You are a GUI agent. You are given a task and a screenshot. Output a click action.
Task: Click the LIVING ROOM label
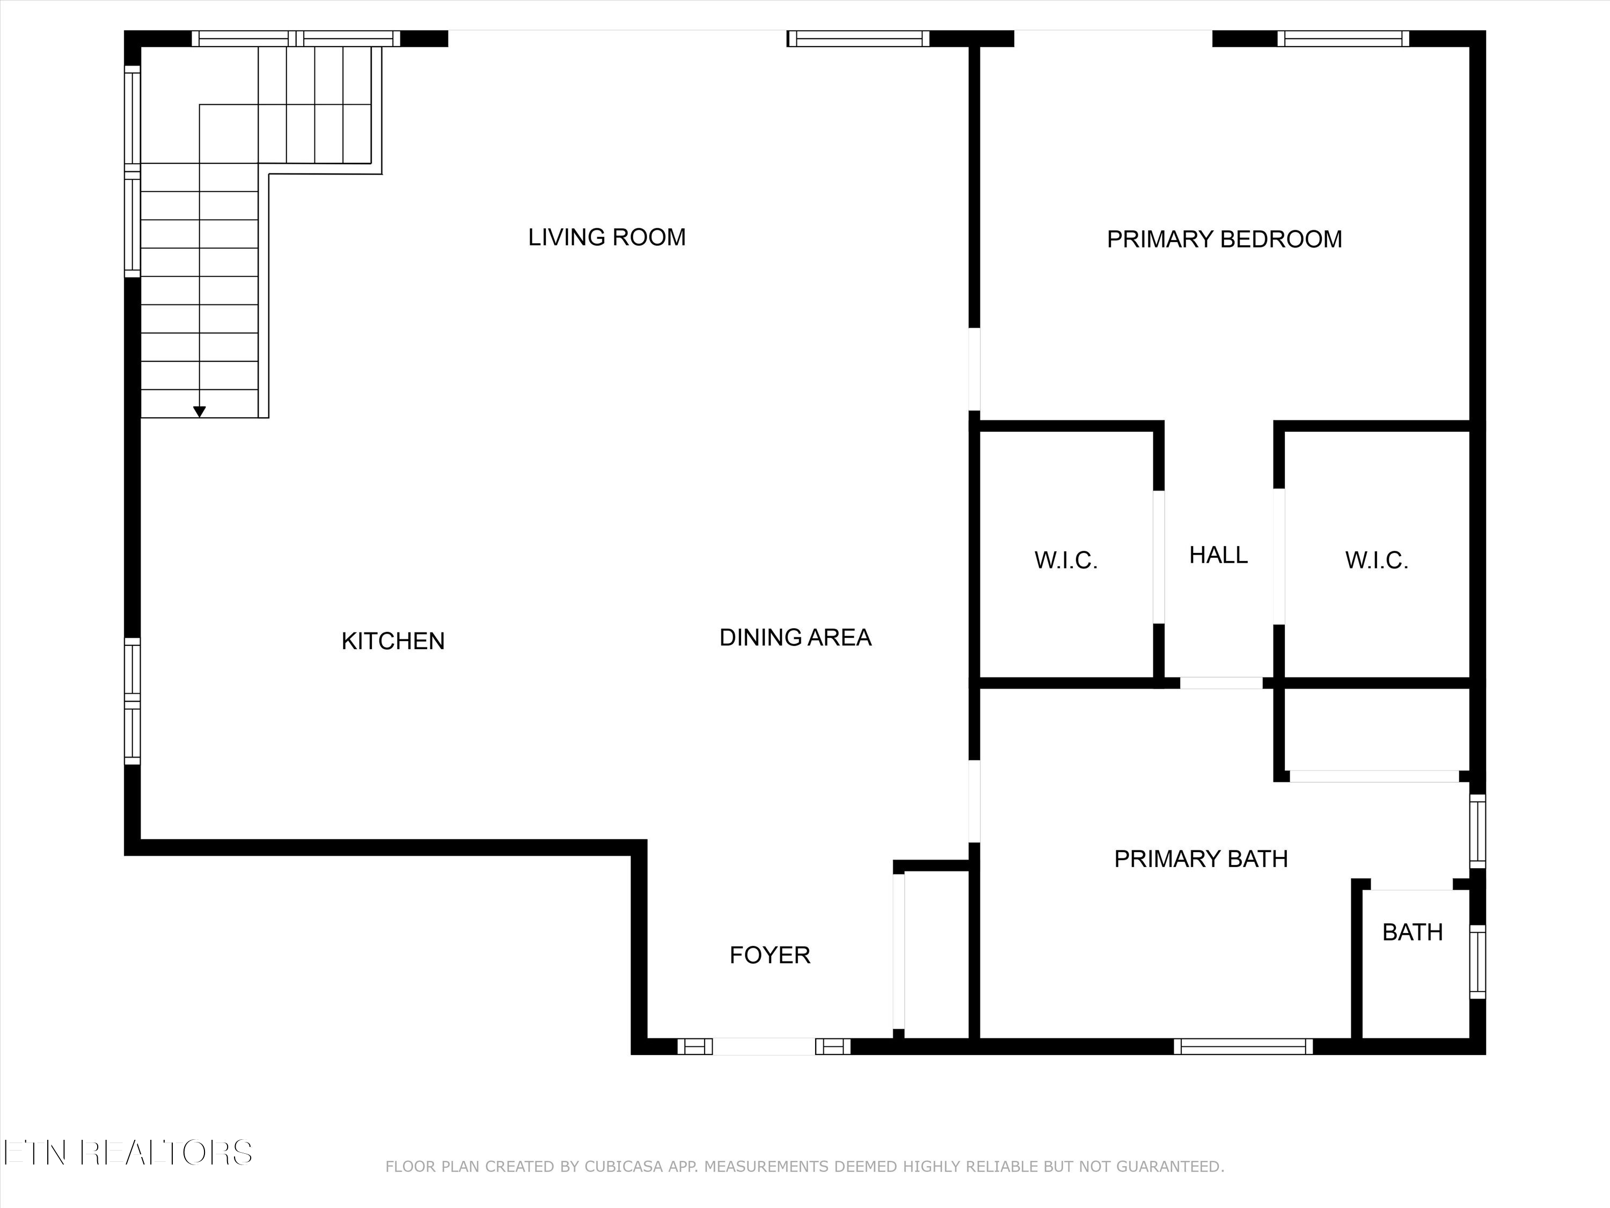(x=606, y=237)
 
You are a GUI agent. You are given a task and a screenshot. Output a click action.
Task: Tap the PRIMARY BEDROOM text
(x=1224, y=239)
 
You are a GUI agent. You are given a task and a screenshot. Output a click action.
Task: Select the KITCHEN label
(x=393, y=641)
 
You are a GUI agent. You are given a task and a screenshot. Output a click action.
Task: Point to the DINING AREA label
(x=795, y=638)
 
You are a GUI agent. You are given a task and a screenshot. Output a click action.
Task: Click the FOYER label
(x=770, y=955)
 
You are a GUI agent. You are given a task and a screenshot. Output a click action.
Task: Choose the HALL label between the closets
(x=1218, y=555)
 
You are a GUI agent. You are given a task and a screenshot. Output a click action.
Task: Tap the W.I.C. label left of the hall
(x=1066, y=560)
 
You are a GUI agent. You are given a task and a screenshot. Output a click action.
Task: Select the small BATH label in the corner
(x=1412, y=932)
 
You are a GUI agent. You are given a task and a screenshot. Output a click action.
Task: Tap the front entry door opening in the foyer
(x=764, y=1046)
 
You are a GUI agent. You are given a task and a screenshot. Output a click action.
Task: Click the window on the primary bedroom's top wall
(x=1343, y=39)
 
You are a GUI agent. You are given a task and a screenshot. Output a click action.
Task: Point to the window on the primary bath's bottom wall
(x=1243, y=1046)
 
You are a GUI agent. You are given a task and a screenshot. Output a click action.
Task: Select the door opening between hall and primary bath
(x=1220, y=683)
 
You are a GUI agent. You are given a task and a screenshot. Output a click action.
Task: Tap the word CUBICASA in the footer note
(x=624, y=1167)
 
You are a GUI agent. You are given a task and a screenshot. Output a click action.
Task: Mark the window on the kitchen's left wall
(x=131, y=701)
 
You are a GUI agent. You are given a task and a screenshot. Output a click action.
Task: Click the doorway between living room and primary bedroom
(x=974, y=369)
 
